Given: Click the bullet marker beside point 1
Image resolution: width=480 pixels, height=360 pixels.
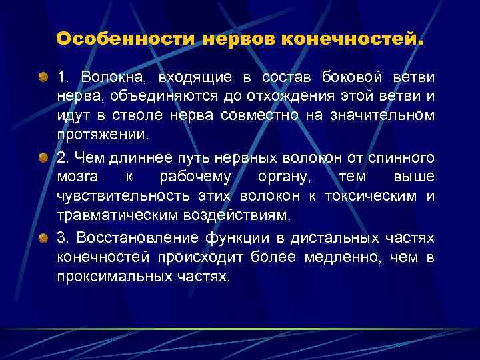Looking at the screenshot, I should [43, 77].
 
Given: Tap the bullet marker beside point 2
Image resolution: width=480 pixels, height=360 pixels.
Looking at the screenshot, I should [43, 157].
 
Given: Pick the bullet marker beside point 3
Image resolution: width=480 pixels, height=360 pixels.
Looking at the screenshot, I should [43, 237].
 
